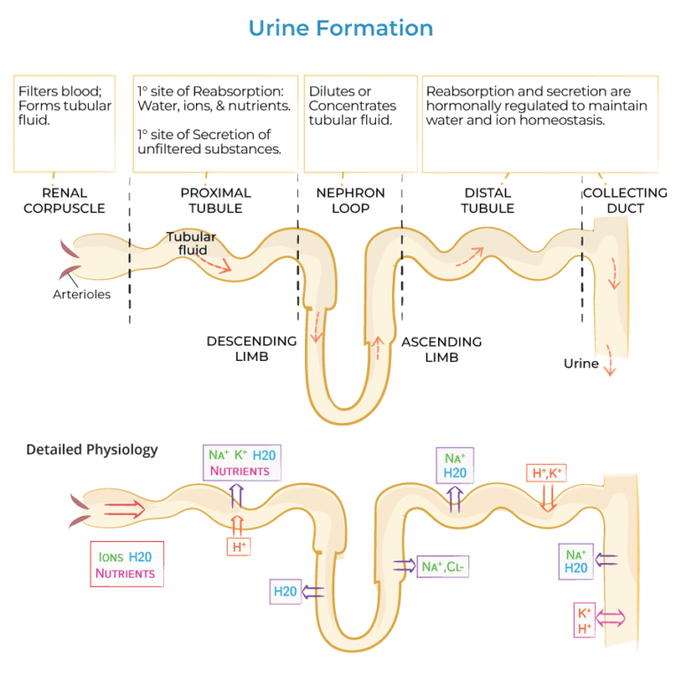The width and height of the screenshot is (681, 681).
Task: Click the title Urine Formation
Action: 340,27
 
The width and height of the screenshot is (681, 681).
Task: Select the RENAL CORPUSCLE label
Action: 64,200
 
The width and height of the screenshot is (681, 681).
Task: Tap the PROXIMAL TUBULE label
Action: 215,200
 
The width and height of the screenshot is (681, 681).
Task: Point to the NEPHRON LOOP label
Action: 350,200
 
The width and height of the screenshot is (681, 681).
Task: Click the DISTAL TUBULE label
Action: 488,200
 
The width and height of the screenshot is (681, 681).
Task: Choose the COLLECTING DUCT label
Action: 625,200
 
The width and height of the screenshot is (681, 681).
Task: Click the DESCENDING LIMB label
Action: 252,348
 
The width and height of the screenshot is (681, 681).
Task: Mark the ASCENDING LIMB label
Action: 442,348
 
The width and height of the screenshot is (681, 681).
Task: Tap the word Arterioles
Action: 82,294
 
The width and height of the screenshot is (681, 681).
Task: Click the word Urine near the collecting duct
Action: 581,364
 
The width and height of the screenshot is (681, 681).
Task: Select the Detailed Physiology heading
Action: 92,450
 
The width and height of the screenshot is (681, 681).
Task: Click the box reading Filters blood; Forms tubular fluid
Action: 65,123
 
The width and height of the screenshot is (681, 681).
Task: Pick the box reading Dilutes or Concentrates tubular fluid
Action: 360,123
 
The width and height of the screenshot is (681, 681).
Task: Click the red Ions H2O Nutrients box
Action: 126,565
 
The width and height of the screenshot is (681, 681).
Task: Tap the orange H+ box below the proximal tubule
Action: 239,547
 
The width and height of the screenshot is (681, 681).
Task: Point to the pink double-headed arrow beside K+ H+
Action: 612,617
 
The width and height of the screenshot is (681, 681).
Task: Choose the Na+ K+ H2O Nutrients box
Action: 241,463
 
